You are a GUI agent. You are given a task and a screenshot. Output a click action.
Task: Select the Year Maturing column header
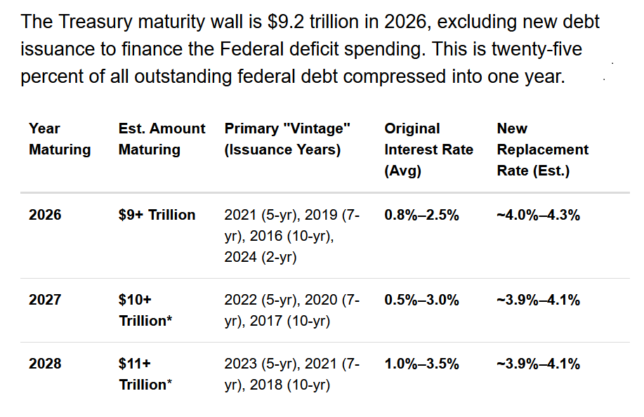pyautogui.click(x=60, y=139)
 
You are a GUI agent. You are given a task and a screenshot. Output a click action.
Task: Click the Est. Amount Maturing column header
pyautogui.click(x=162, y=139)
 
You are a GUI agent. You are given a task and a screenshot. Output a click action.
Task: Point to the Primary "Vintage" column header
pyautogui.click(x=287, y=139)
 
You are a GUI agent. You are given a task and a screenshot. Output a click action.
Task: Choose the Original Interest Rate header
pyautogui.click(x=428, y=150)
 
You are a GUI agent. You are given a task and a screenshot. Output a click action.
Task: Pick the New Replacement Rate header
pyautogui.click(x=542, y=150)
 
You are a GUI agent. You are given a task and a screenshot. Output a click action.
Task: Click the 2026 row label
pyautogui.click(x=45, y=215)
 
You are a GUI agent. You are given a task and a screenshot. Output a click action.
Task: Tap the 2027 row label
pyautogui.click(x=45, y=300)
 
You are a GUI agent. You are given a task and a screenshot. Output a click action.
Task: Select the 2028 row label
pyautogui.click(x=45, y=364)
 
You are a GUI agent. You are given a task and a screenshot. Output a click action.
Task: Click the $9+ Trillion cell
pyautogui.click(x=157, y=215)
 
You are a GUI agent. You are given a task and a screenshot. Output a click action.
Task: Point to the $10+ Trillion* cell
pyautogui.click(x=145, y=310)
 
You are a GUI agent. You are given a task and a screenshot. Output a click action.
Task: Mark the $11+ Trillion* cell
pyautogui.click(x=145, y=374)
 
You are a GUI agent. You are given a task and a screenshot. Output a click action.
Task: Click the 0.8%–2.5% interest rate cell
pyautogui.click(x=421, y=215)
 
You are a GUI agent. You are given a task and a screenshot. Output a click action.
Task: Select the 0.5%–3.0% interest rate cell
pyautogui.click(x=421, y=300)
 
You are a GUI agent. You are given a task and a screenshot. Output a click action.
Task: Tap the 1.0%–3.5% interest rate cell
pyautogui.click(x=421, y=364)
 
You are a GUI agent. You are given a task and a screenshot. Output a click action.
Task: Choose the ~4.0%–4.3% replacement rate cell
pyautogui.click(x=538, y=215)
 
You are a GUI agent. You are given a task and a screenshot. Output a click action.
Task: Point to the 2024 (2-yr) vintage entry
pyautogui.click(x=261, y=258)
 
